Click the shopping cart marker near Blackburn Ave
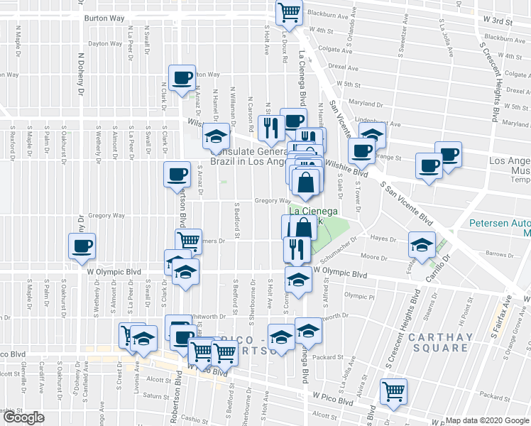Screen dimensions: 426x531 [x=290, y=11]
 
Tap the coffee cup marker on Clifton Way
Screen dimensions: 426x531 [x=182, y=77]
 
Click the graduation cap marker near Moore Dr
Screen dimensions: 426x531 [x=421, y=246]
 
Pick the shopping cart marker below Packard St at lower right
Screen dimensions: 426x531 [x=393, y=390]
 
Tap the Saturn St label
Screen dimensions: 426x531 [x=152, y=395]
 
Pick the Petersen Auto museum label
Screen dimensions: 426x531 [x=500, y=227]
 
